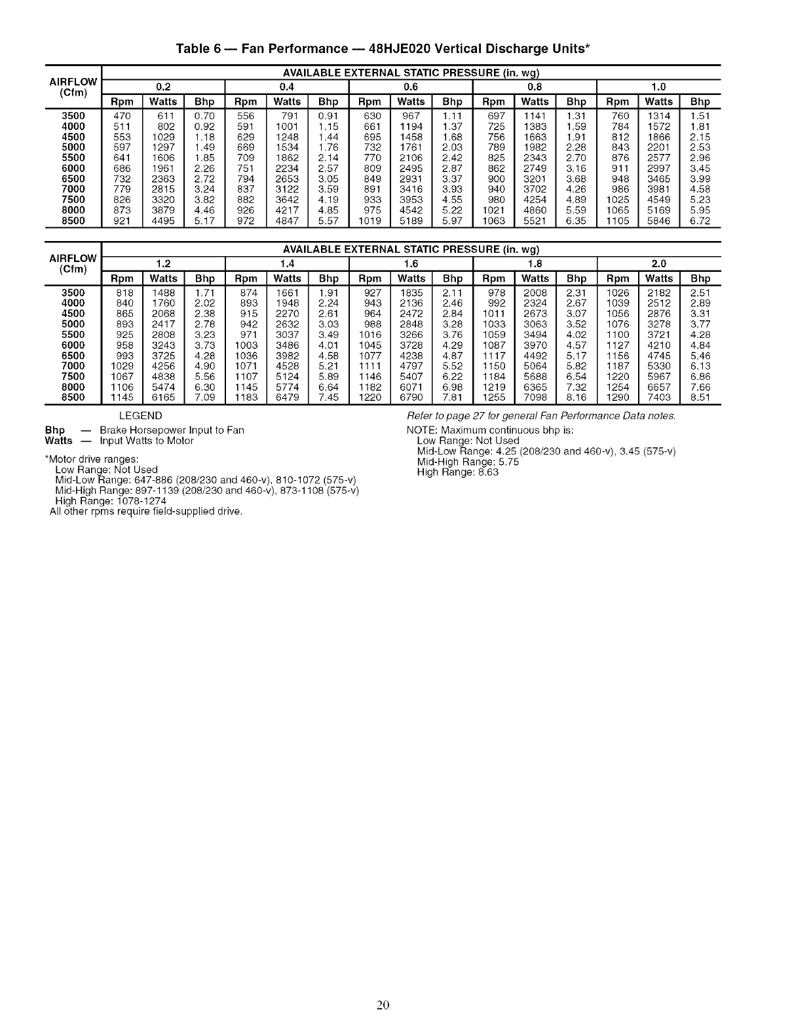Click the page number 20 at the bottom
pyautogui.click(x=383, y=1005)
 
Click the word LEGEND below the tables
pyautogui.click(x=141, y=416)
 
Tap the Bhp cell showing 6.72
pyautogui.click(x=700, y=221)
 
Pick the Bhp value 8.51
pyautogui.click(x=700, y=398)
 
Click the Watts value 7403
pyautogui.click(x=658, y=398)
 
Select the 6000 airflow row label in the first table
pyautogui.click(x=73, y=168)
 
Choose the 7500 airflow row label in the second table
pyautogui.click(x=73, y=377)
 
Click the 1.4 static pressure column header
pyautogui.click(x=287, y=263)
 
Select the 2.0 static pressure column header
pyautogui.click(x=658, y=263)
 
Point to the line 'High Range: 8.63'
pyautogui.click(x=458, y=472)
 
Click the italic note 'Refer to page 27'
pyautogui.click(x=541, y=417)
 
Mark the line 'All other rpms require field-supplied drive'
pyautogui.click(x=146, y=511)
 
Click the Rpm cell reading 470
pyautogui.click(x=123, y=116)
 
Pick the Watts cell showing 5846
pyautogui.click(x=658, y=221)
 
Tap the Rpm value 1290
pyautogui.click(x=617, y=398)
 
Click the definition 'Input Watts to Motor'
pyautogui.click(x=147, y=441)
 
